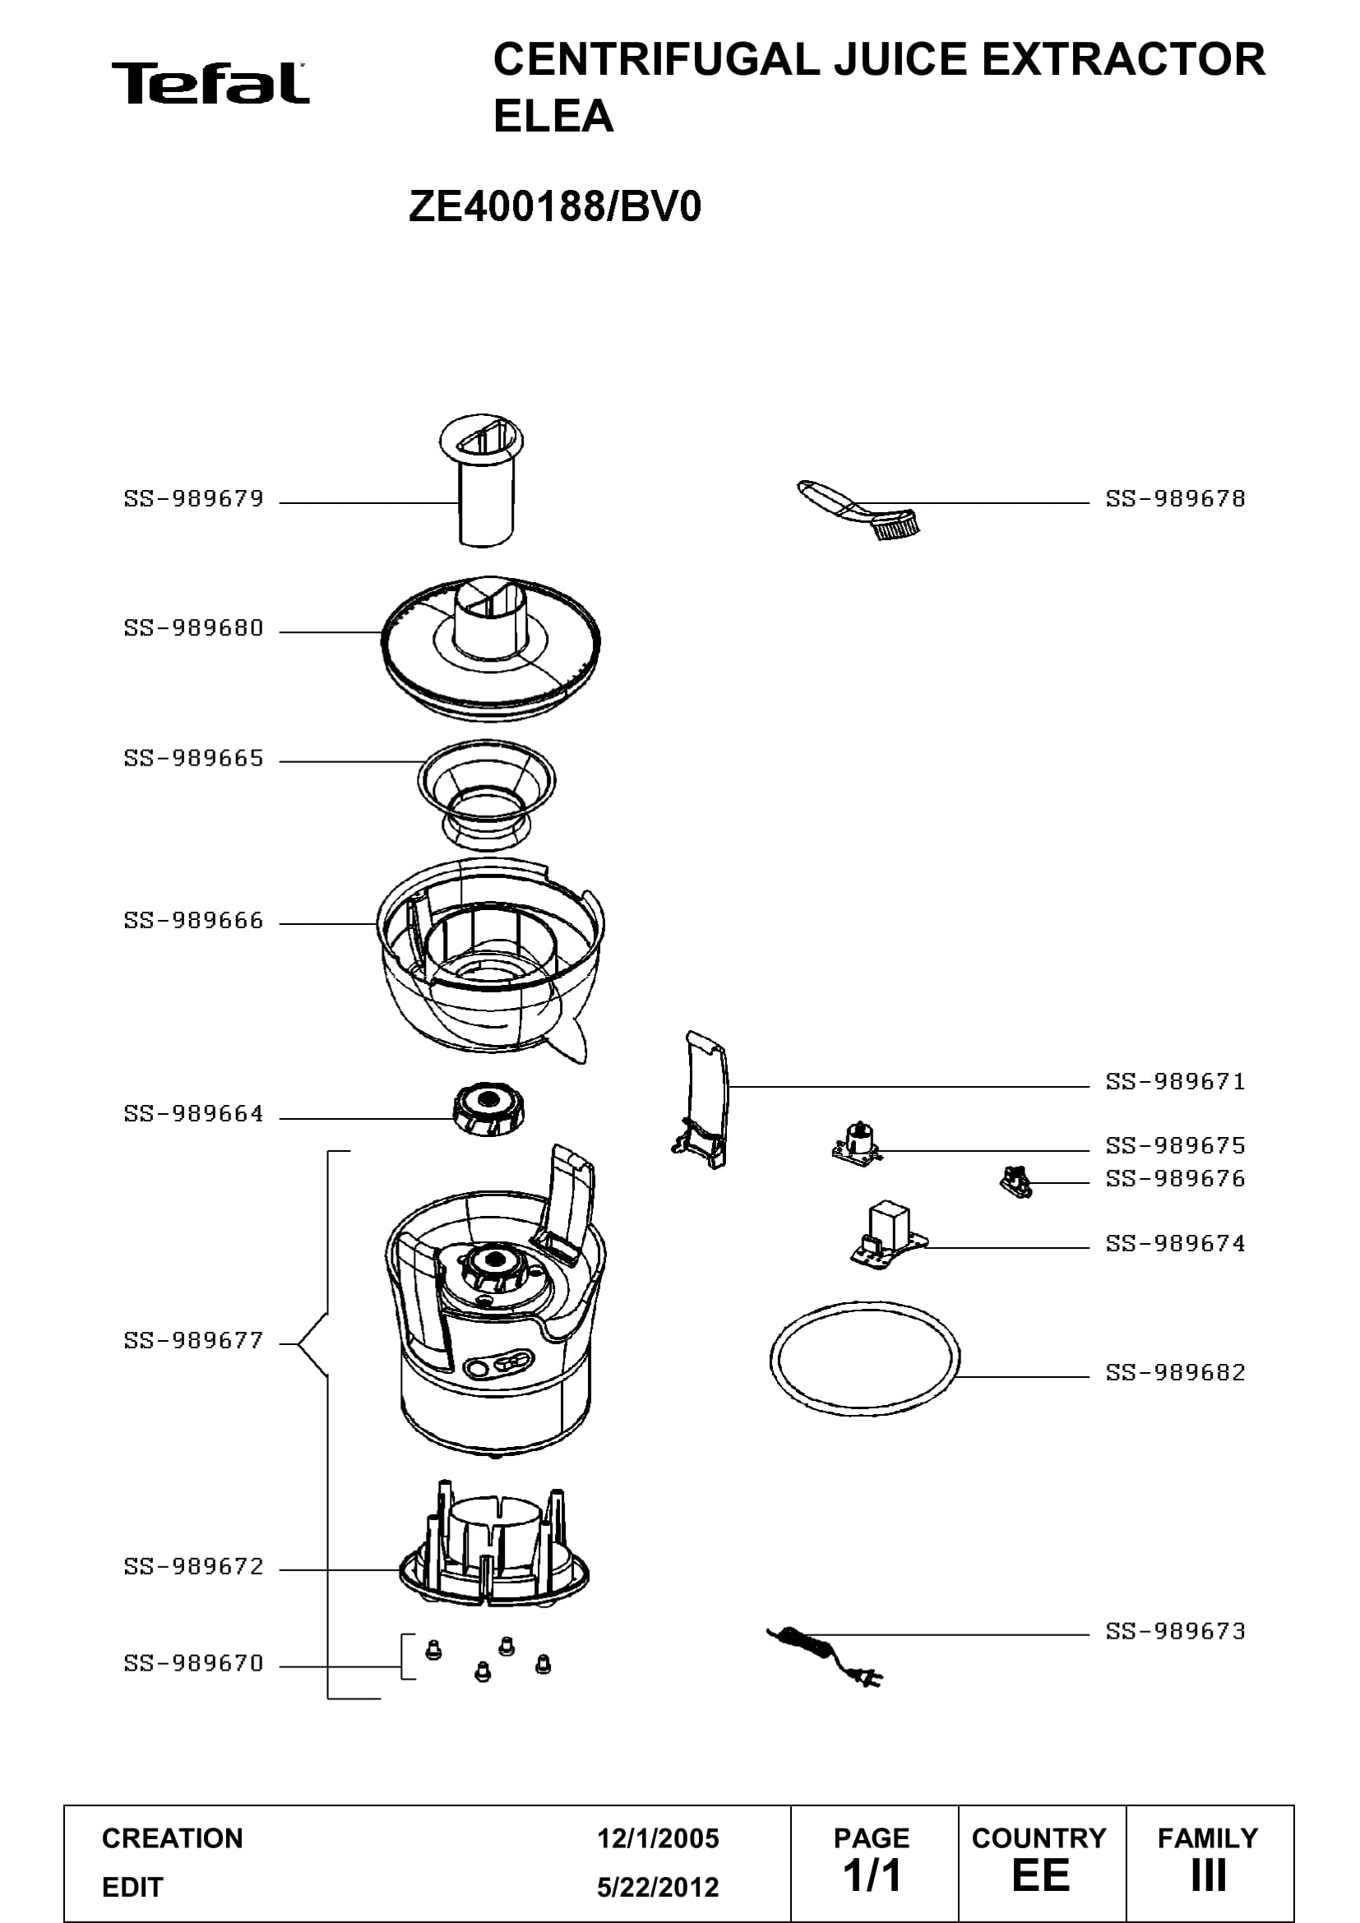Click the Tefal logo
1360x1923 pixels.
click(210, 83)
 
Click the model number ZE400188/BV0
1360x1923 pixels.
click(554, 207)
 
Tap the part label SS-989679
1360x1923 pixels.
click(193, 499)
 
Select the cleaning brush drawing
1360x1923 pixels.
click(858, 509)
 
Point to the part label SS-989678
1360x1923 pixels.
click(1176, 499)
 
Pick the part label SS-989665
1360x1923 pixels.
click(193, 758)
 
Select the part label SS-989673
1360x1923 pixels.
click(1176, 1630)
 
